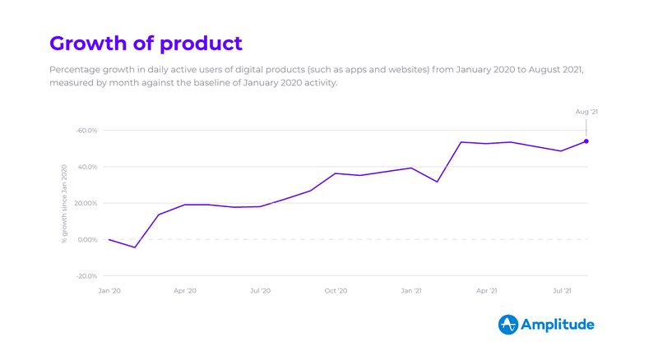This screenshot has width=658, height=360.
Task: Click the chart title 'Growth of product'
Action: (x=146, y=43)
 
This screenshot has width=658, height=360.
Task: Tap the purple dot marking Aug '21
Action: (x=586, y=141)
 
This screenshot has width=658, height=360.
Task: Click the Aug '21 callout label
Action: (x=586, y=112)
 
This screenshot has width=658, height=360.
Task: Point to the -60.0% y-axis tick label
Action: (x=86, y=131)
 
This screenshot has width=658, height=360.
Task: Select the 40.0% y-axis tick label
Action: (x=87, y=167)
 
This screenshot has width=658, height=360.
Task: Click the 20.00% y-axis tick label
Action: (x=86, y=203)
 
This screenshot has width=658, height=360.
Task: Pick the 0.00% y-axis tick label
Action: (x=87, y=240)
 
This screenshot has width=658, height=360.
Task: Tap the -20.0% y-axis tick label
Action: (x=86, y=276)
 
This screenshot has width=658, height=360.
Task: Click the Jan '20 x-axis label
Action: (x=109, y=291)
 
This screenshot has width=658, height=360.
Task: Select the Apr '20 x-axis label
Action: (x=185, y=291)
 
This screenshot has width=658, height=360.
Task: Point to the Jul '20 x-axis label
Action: (x=260, y=291)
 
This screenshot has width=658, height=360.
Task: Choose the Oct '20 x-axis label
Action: (x=336, y=291)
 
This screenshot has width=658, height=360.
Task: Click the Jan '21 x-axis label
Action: (x=411, y=291)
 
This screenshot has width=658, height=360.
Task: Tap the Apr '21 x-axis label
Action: (x=487, y=291)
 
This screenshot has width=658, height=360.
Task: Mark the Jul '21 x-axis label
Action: (x=563, y=291)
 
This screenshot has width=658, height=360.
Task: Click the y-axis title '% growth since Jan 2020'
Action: (x=64, y=204)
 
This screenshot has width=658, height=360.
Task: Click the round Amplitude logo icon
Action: (x=508, y=325)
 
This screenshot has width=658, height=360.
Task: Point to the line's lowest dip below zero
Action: (x=135, y=247)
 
